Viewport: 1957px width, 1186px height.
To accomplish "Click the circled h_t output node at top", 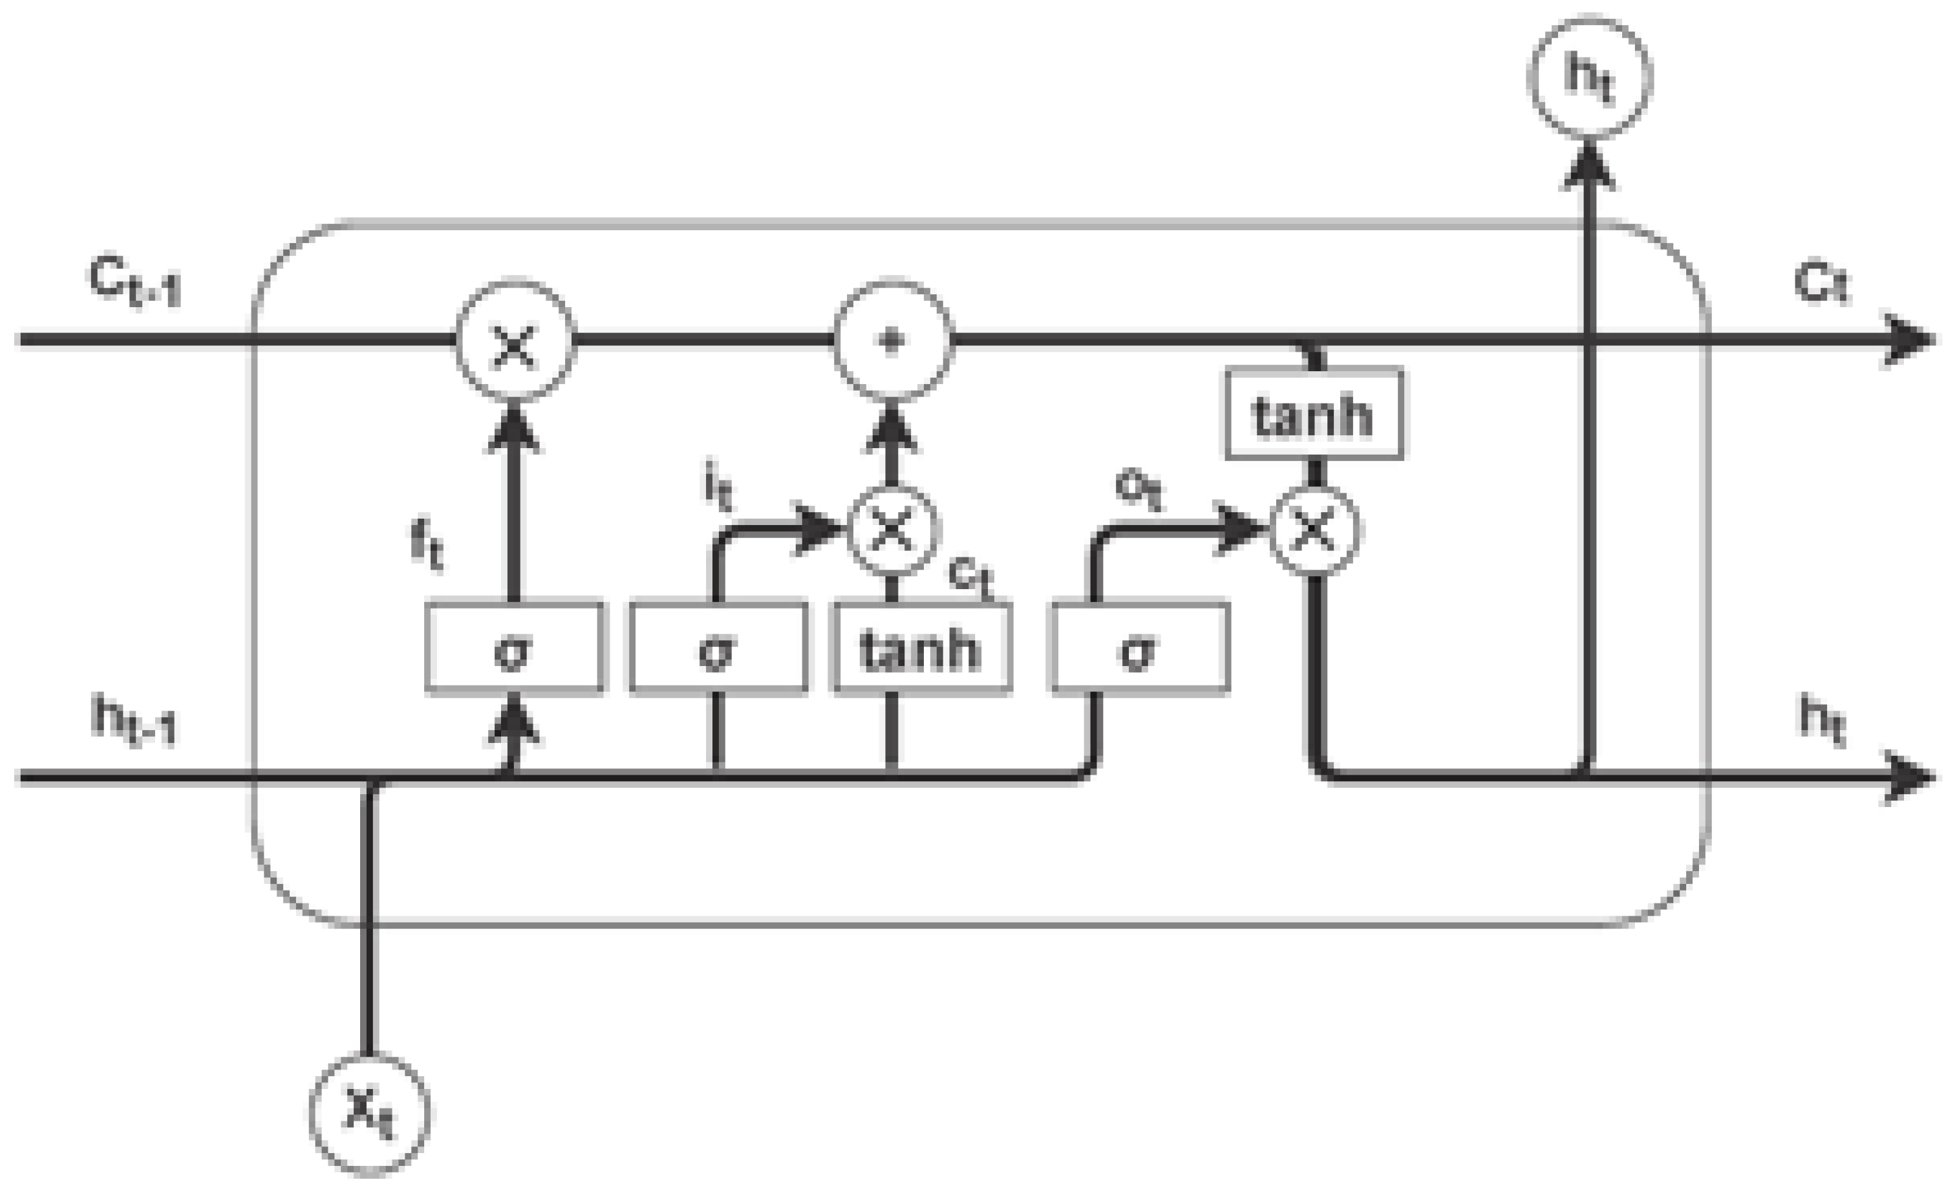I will [x=1589, y=77].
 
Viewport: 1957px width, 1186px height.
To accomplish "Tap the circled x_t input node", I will [x=369, y=1112].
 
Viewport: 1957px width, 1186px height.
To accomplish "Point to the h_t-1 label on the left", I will [x=133, y=719].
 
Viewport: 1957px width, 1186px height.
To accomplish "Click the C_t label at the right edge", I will [x=1821, y=286].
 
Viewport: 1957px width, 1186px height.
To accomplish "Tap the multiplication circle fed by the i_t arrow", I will [x=893, y=528].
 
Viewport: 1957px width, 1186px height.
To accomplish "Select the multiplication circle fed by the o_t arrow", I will [x=1314, y=530].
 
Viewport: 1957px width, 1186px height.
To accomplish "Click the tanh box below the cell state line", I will [x=1314, y=413].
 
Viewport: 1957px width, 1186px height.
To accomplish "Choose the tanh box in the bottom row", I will [x=921, y=649].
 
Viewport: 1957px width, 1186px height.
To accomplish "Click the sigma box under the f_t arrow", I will [x=514, y=649].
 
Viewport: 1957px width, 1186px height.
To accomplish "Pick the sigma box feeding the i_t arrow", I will [x=718, y=649].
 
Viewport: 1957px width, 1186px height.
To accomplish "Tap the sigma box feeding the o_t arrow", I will [x=1140, y=649].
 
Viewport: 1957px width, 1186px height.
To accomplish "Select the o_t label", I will [x=1138, y=490].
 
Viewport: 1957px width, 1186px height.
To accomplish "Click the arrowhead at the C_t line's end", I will [x=1910, y=341].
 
